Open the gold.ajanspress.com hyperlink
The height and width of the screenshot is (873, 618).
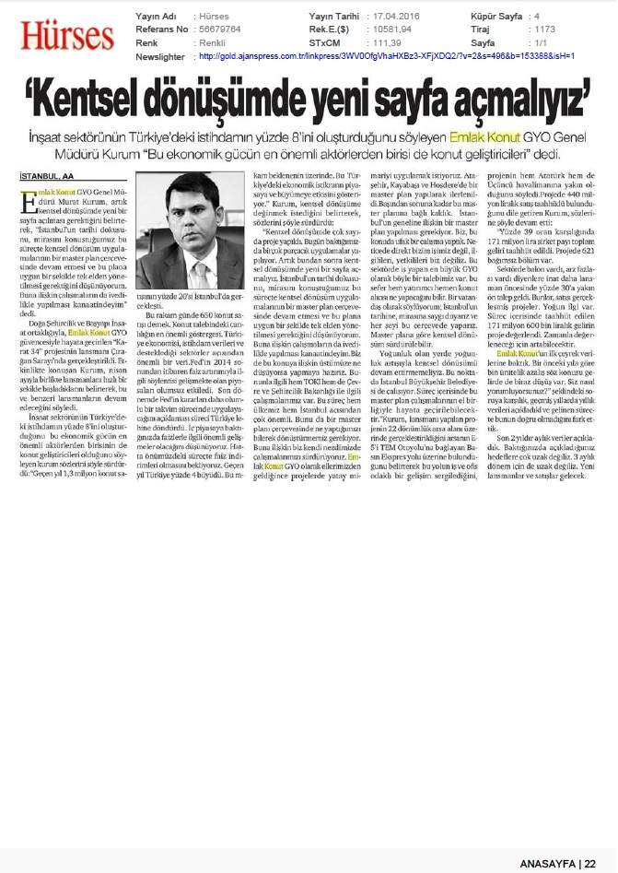(x=387, y=55)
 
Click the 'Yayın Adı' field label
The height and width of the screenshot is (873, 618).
(x=155, y=17)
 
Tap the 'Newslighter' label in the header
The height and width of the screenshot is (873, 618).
(x=161, y=55)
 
